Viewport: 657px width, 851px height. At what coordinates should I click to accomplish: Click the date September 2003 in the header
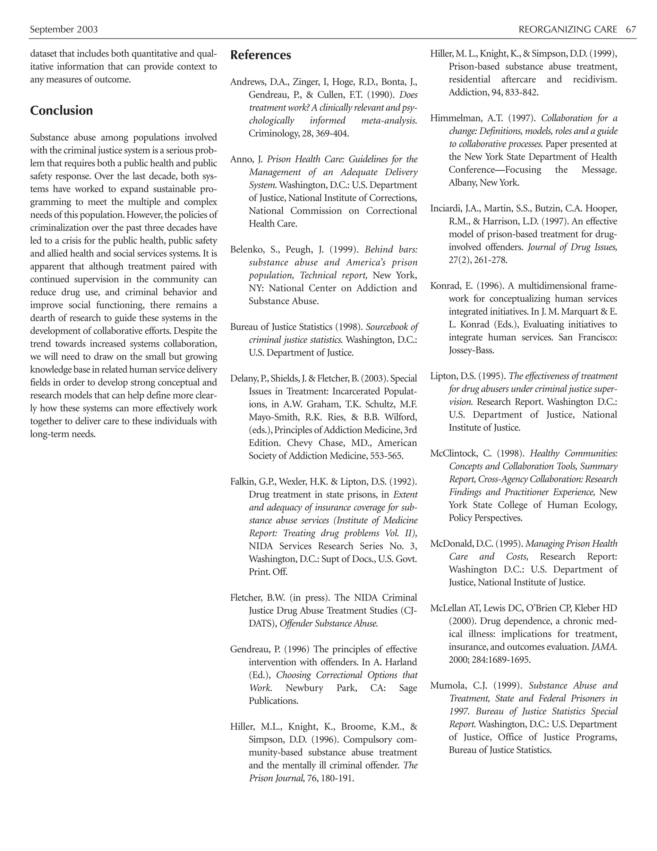point(64,30)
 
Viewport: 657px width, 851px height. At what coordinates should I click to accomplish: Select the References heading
point(260,55)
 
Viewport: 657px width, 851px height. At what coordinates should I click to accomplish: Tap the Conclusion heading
point(62,111)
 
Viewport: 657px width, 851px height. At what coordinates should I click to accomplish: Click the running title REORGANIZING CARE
point(567,30)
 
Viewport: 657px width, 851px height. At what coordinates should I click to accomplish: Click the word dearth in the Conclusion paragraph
point(42,318)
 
